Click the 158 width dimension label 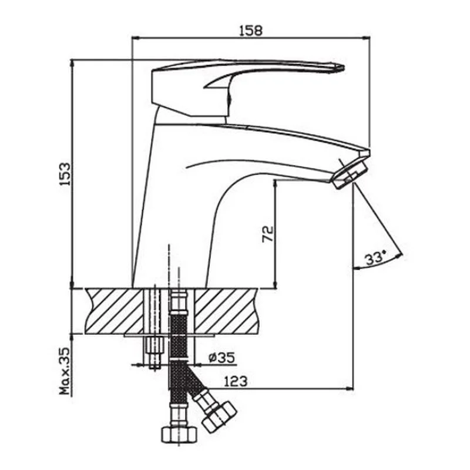click(251, 31)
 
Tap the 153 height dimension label click(65, 174)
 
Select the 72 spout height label click(268, 234)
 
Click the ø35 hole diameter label click(222, 357)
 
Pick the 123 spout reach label click(236, 381)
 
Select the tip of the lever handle click(344, 68)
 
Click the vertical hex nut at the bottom click(180, 434)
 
